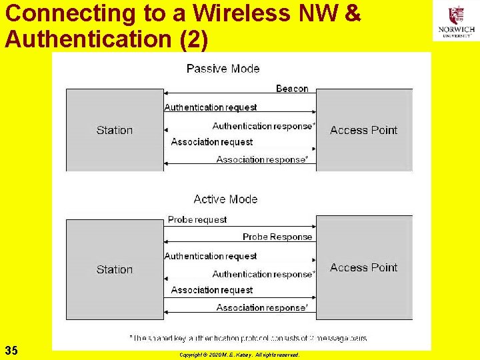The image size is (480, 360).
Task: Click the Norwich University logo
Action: [456, 21]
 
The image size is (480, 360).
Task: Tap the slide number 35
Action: [11, 350]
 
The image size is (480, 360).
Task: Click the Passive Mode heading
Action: [223, 69]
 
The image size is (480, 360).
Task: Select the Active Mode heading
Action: [225, 199]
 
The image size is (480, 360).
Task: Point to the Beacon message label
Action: [292, 89]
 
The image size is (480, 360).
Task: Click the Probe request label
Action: [197, 219]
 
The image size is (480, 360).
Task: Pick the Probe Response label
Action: [277, 237]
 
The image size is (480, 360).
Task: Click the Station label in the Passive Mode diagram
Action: [115, 130]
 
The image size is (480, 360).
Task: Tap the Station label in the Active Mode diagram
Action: [115, 269]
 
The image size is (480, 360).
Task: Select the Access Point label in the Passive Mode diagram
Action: [363, 130]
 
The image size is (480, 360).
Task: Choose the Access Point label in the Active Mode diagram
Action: [363, 267]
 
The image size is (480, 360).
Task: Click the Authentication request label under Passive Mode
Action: [211, 107]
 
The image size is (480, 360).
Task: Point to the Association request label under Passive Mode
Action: [212, 142]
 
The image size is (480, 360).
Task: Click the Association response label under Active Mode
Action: [262, 307]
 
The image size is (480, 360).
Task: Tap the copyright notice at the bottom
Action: [239, 355]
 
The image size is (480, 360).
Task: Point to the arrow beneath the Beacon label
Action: [239, 95]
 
